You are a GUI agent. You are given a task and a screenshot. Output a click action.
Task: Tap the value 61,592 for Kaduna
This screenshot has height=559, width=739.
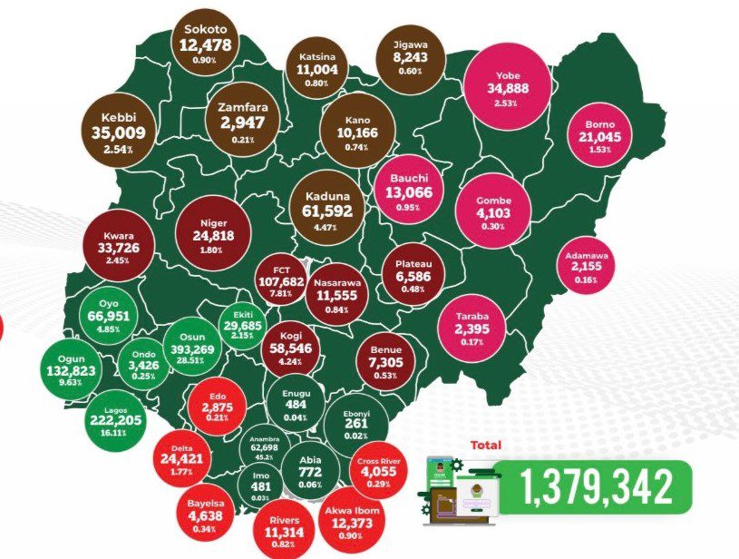pos(326,212)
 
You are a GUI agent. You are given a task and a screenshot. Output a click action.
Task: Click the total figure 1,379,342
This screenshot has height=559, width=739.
pos(598,488)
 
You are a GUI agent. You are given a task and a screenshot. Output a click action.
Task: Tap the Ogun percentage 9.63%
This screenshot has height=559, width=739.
pos(69,383)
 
